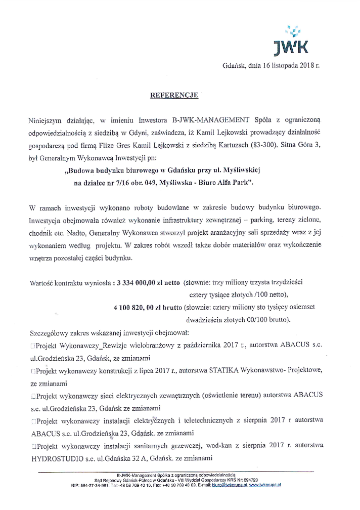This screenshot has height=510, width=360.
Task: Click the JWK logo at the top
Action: point(292,41)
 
